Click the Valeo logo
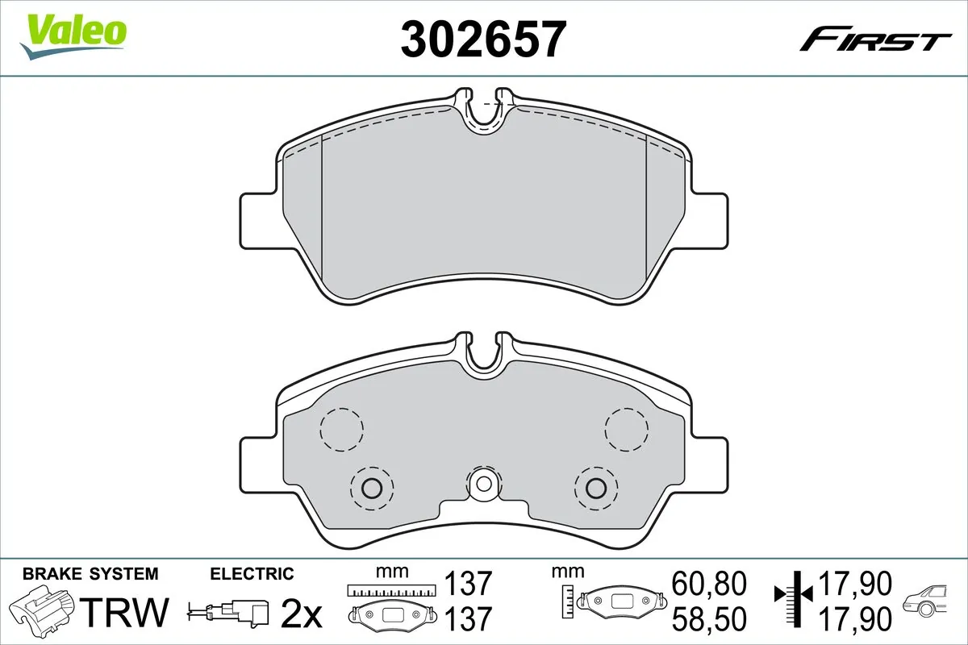(x=73, y=36)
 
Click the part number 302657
(x=483, y=38)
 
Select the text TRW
(x=125, y=612)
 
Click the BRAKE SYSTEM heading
(x=90, y=574)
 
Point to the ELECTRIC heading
(x=252, y=574)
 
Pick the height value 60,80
(x=709, y=583)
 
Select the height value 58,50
(x=709, y=618)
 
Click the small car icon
(x=926, y=601)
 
